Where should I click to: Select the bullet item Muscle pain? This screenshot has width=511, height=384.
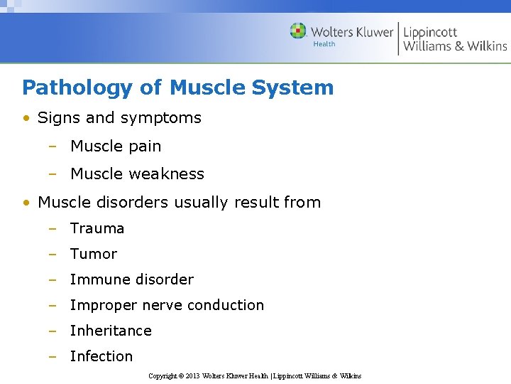pos(116,146)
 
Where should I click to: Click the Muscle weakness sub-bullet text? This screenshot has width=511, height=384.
pos(137,174)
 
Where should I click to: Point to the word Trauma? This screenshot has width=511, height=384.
pos(97,228)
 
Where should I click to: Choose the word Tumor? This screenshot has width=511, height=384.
pos(94,254)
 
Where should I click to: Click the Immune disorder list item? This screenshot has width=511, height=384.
pos(131,279)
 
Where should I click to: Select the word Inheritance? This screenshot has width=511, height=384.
pos(111,331)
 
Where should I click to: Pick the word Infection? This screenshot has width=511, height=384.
pos(101,356)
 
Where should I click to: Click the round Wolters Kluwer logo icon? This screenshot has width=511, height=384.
pos(298,31)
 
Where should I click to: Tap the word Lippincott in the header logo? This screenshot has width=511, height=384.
pos(430,33)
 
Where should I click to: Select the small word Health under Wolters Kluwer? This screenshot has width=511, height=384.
pos(324,44)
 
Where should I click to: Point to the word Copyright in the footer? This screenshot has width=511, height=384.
pos(163,375)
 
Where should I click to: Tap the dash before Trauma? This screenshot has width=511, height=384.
pos(53,228)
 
